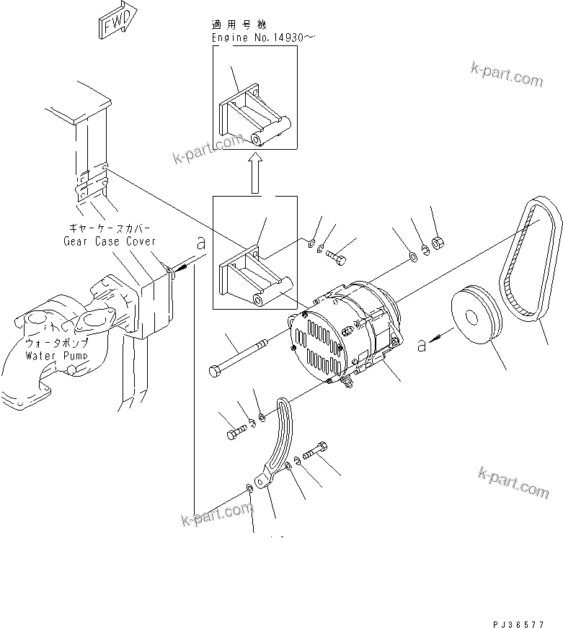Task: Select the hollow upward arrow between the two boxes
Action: [254, 173]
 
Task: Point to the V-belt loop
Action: [532, 259]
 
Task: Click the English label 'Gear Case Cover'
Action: [109, 242]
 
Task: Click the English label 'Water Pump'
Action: [57, 356]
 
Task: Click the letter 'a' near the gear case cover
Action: [201, 244]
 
